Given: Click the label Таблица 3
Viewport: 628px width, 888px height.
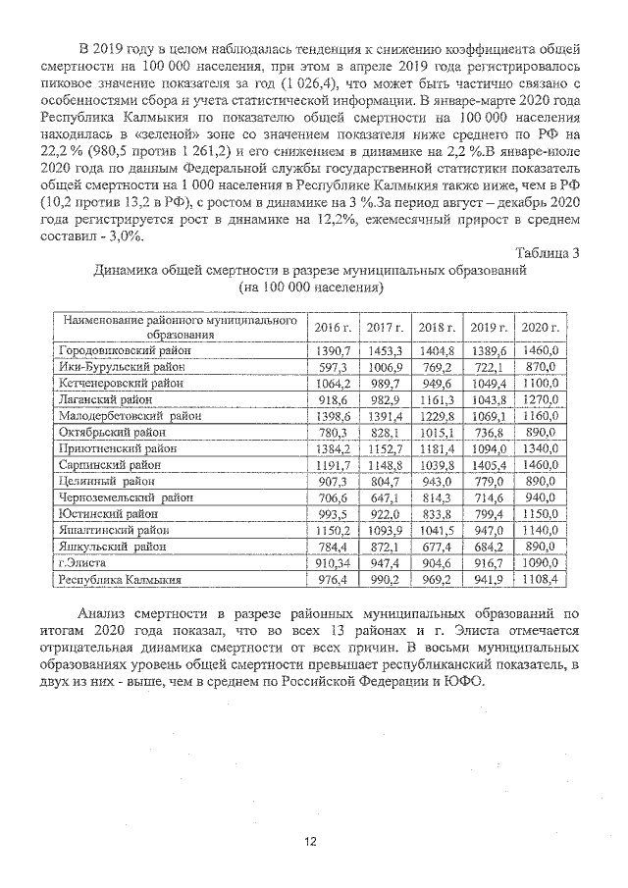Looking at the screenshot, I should [546, 252].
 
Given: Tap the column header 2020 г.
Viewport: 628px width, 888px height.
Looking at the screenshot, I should [539, 327].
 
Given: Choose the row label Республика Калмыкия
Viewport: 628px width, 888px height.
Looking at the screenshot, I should [120, 580].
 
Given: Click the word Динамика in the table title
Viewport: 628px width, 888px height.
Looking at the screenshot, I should [126, 270].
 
